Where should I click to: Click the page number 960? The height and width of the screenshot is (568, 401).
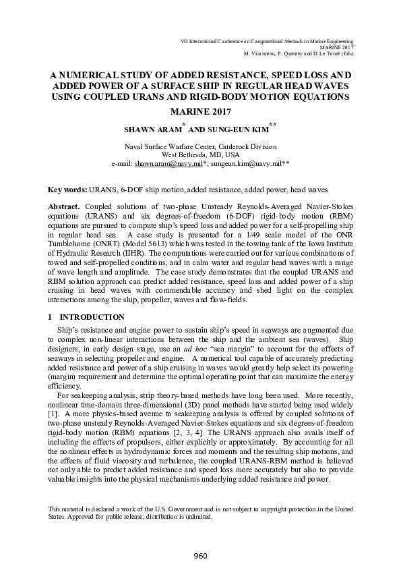click(200, 555)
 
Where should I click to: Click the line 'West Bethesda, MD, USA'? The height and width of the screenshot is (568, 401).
click(200, 154)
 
